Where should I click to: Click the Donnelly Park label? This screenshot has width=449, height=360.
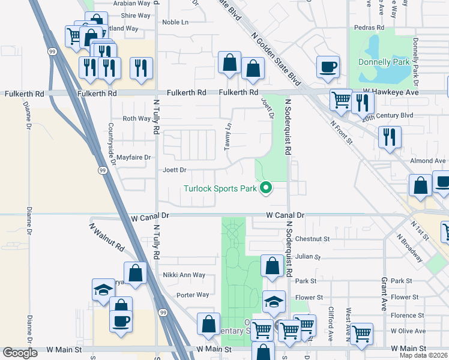point(383,62)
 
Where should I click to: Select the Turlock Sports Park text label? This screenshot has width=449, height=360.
point(220,189)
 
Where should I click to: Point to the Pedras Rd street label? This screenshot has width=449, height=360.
point(369,28)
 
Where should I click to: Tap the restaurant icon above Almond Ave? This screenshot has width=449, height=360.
point(390,137)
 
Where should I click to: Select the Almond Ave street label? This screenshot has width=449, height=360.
point(427,161)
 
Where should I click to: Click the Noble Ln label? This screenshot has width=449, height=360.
point(175,22)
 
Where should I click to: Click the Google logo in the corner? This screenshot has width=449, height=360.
point(20,353)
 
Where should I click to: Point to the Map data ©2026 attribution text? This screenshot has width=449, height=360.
point(423,355)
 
